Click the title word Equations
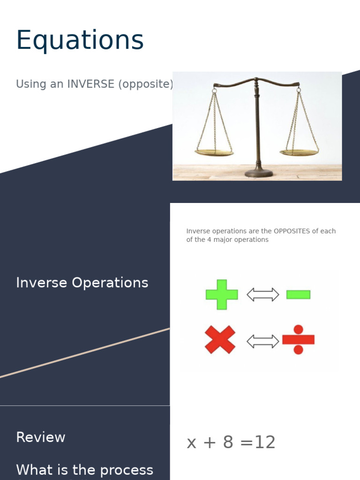80,41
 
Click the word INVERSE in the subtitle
90,84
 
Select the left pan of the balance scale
214,152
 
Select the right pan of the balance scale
299,152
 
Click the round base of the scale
258,172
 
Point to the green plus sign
222,294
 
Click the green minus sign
298,294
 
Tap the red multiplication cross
220,339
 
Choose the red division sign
298,339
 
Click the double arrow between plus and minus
262,294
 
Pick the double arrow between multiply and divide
262,341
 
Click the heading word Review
41,437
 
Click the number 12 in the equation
264,442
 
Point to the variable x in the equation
191,443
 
